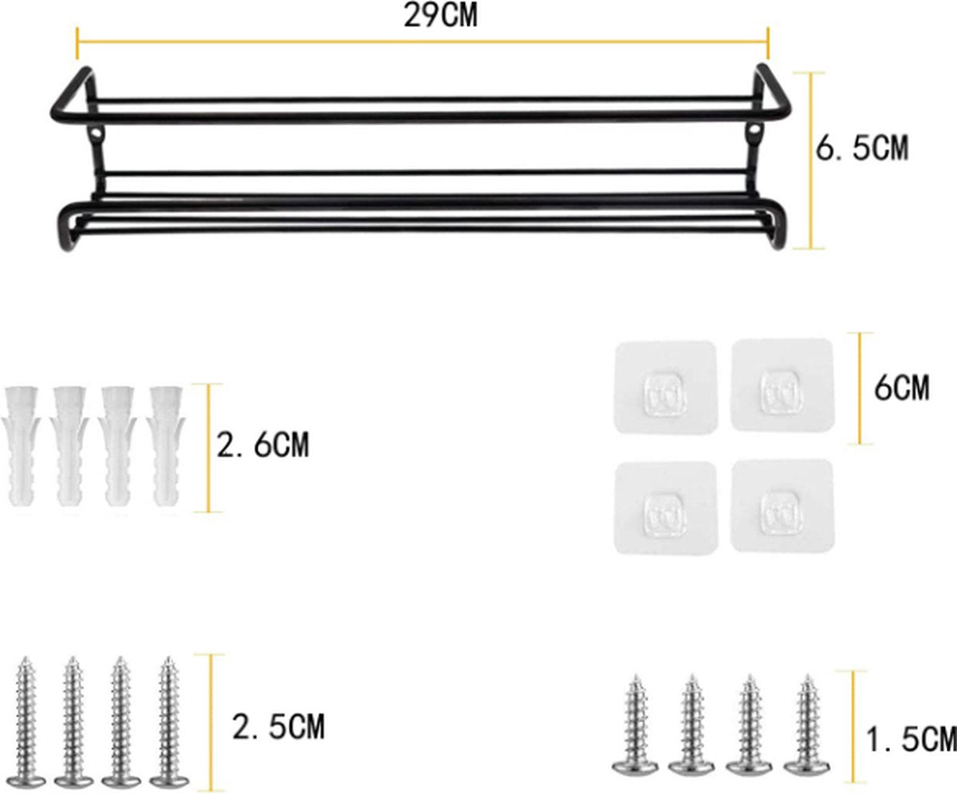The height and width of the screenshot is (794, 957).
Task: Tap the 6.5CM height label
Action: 861,148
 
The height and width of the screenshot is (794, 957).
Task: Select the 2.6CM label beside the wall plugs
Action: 262,444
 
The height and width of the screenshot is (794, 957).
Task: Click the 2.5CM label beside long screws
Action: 278,727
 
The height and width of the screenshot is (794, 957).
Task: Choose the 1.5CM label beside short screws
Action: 911,739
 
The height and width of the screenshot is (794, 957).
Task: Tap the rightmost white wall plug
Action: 166,447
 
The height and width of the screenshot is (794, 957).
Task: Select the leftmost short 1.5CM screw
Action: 635,725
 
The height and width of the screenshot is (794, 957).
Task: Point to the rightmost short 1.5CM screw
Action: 805,725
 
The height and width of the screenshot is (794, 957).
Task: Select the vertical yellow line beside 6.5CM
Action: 812,160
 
